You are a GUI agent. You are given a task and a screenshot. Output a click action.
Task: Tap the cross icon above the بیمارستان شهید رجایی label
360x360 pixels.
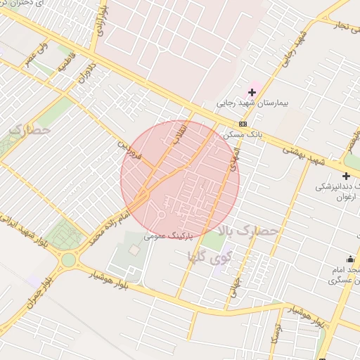pos(252,92)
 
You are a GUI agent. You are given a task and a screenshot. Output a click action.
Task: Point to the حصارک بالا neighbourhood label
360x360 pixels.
pos(249,231)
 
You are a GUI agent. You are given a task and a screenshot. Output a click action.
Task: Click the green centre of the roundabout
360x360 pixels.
pos(68,259)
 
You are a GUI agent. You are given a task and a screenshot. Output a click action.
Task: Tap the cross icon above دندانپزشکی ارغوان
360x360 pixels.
pos(345,176)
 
